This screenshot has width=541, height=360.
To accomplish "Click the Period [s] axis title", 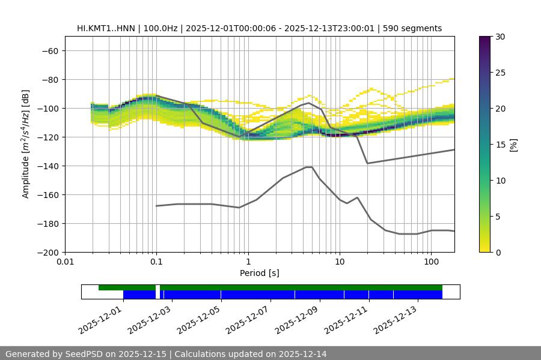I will point(259,273).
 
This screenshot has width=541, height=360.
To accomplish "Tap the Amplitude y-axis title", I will point(26,144).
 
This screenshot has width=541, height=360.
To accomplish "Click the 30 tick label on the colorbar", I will point(500,37).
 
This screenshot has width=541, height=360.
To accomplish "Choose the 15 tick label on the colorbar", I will point(500,145).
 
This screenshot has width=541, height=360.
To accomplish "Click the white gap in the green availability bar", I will point(157,288).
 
